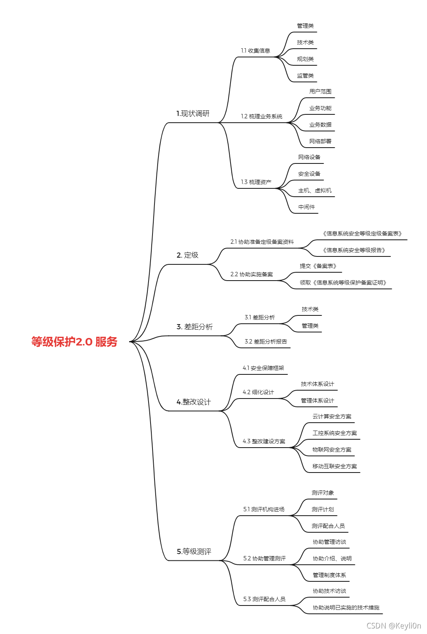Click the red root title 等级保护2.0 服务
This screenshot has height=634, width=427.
74,342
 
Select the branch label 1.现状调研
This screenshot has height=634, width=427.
193,114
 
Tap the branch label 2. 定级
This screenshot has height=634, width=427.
188,255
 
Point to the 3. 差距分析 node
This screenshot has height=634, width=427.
194,326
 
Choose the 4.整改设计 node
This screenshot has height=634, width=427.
194,402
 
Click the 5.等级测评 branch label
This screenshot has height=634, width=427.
194,551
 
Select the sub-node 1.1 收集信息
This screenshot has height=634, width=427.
255,51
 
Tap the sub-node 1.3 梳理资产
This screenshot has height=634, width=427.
256,182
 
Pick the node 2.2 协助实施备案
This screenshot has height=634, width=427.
252,274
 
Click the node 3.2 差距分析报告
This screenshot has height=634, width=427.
266,342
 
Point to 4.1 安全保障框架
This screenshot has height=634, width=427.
263,368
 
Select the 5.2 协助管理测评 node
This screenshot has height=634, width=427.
264,558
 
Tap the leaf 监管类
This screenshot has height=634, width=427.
305,76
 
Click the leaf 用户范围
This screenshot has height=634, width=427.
320,91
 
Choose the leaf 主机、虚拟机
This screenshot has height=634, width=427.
315,190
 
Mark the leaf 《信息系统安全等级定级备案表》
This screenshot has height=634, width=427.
362,233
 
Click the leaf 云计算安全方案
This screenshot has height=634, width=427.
332,416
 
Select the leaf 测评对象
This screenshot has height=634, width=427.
323,493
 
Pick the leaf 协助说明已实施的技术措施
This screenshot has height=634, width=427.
346,607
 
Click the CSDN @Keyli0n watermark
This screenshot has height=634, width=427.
394,626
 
